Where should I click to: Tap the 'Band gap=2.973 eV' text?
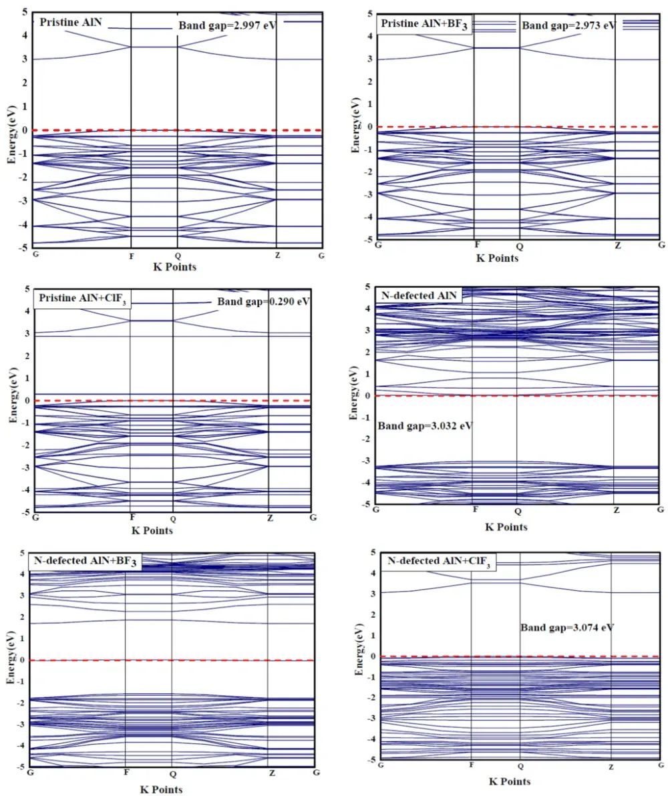pyautogui.click(x=568, y=25)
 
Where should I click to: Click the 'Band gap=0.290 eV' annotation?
pyautogui.click(x=264, y=301)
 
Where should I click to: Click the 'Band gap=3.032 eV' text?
pyautogui.click(x=425, y=425)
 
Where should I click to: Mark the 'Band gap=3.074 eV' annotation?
pyautogui.click(x=567, y=627)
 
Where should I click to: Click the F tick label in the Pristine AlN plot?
pyautogui.click(x=131, y=256)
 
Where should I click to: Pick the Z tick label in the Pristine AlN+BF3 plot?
pyautogui.click(x=617, y=246)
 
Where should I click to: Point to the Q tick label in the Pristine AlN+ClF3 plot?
pyautogui.click(x=173, y=519)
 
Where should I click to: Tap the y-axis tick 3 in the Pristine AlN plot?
pyautogui.click(x=25, y=59)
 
